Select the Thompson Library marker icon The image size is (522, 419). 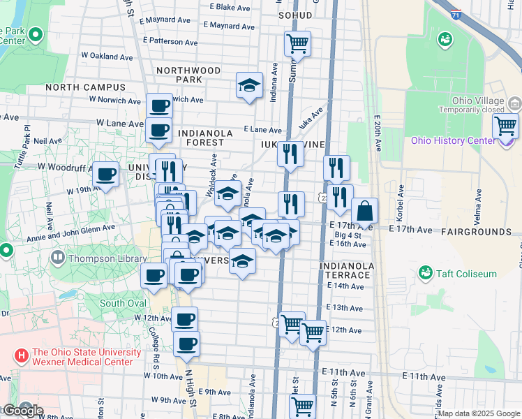tap(59, 258)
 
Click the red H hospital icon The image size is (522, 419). tap(22, 357)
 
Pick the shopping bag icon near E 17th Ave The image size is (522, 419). tap(364, 210)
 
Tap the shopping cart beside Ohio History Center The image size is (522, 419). tap(505, 126)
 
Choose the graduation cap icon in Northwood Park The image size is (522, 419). tap(249, 85)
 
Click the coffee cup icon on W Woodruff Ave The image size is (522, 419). tap(105, 174)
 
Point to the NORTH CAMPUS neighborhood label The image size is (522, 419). tap(86, 87)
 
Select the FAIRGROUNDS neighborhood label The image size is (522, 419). tap(477, 231)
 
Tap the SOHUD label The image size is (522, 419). tap(294, 14)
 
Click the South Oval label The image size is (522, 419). tap(123, 303)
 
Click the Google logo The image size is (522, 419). tap(22, 411)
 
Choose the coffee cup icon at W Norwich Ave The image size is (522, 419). tap(159, 106)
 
